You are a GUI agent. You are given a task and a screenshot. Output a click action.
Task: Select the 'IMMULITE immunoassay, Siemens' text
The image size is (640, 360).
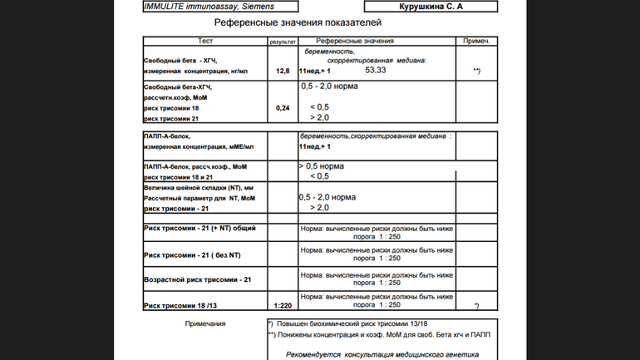[x=209, y=7]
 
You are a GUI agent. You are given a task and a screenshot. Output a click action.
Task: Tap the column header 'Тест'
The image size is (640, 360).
[x=205, y=41]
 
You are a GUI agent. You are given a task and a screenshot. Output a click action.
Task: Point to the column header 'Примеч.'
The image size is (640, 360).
[x=476, y=41]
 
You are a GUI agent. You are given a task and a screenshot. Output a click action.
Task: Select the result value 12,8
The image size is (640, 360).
[x=283, y=72]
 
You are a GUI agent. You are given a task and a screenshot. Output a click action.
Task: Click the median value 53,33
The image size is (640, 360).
[x=375, y=71]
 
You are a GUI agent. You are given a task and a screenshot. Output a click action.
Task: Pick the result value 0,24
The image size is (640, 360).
[x=283, y=108]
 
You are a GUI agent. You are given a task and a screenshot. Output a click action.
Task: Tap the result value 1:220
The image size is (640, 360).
[x=283, y=306]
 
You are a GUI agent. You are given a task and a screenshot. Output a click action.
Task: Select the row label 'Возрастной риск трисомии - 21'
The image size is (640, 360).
[x=197, y=279]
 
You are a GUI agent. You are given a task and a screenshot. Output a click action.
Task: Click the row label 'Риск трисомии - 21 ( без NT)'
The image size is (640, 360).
[x=192, y=254]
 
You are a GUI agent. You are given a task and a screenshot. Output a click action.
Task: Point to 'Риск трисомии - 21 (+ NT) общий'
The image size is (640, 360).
[x=199, y=228]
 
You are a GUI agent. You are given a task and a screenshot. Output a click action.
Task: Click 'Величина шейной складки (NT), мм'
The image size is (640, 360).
[x=199, y=188]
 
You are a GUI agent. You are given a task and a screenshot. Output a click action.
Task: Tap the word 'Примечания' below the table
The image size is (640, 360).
[x=205, y=323]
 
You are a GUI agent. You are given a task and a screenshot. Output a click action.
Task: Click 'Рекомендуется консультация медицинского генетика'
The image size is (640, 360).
[x=382, y=353]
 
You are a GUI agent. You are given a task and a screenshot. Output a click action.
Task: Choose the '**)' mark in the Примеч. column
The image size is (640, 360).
[x=476, y=72]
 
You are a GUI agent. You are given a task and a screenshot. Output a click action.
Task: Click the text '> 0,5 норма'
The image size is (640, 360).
[x=321, y=166]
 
